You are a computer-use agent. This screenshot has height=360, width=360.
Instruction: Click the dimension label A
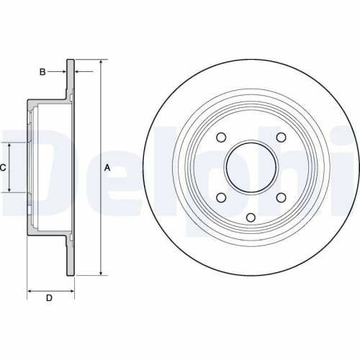[108, 167]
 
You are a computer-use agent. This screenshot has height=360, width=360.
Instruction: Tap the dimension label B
[42, 71]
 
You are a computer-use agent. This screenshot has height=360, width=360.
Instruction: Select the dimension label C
[4, 167]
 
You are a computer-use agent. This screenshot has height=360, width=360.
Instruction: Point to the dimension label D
[49, 297]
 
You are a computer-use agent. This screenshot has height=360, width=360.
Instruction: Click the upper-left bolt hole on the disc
[221, 138]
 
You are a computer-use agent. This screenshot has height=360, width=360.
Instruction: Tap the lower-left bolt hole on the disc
[221, 197]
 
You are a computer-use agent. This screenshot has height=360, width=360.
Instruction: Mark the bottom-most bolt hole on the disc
[250, 218]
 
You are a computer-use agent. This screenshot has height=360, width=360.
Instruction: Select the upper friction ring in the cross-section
[71, 79]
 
